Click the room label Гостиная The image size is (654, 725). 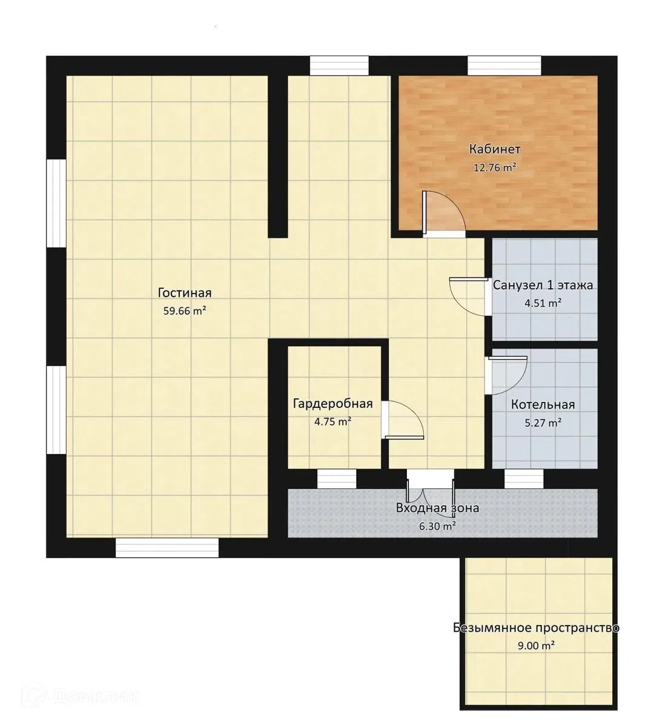185,293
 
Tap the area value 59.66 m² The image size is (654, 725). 185,310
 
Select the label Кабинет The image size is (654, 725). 494,149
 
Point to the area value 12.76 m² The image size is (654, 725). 494,168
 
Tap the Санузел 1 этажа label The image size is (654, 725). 543,285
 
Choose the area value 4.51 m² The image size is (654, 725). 543,303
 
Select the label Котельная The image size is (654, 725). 543,405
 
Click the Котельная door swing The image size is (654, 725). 506,375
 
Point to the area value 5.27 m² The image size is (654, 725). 543,422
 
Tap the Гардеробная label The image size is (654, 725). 332,404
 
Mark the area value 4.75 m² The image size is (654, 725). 332,422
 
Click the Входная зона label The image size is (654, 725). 437,508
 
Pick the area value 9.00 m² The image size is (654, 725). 536,646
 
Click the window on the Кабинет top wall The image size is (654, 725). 504,65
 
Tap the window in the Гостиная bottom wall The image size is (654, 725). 167,548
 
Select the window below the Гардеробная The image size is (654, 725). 337,479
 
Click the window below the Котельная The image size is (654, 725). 524,479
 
